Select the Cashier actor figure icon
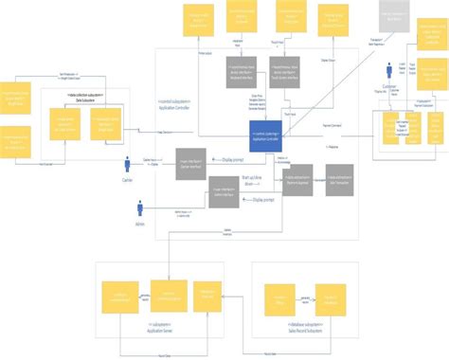point(128,163)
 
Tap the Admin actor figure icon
point(141,208)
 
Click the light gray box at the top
point(394,16)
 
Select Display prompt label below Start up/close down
point(261,201)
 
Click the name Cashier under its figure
point(127,180)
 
